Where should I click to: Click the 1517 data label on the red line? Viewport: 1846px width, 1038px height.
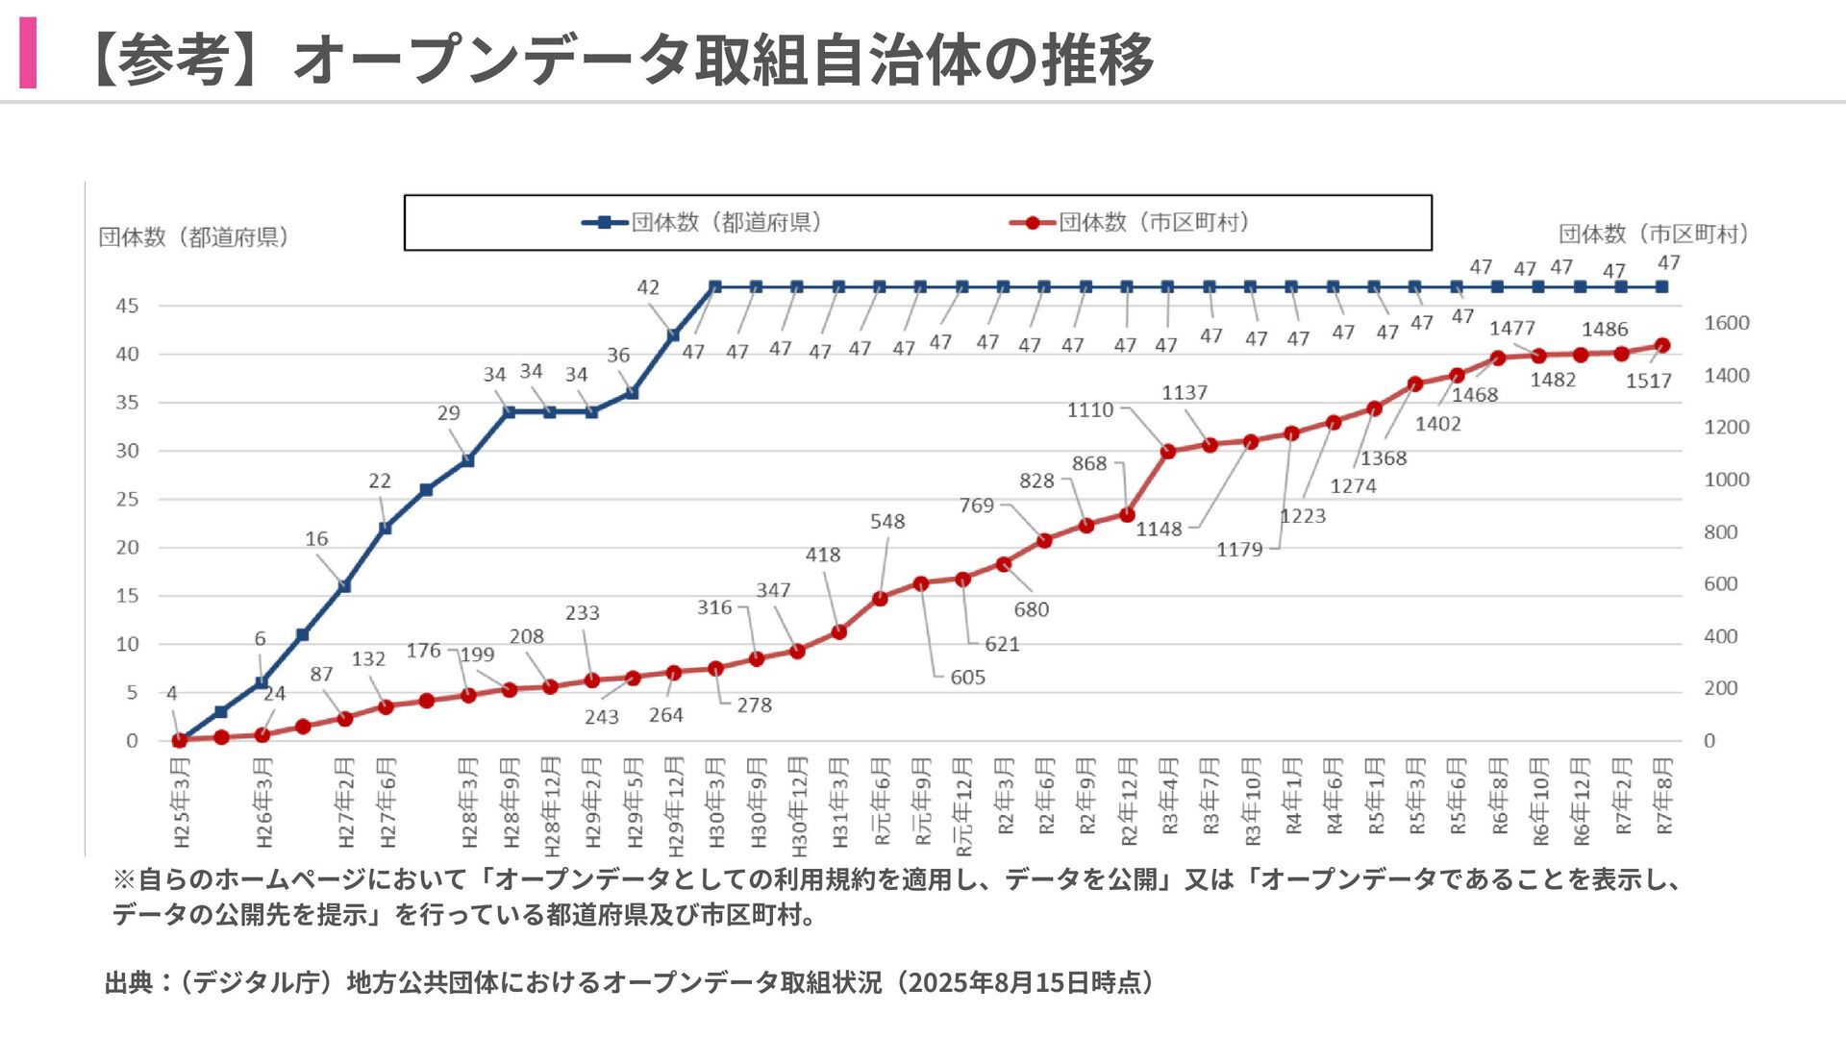point(1648,382)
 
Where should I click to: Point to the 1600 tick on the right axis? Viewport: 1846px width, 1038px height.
point(1726,324)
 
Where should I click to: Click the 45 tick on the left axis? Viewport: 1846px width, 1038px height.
point(127,306)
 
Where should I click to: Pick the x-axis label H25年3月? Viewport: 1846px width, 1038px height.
point(181,803)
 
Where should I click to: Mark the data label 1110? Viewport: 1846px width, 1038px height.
point(1089,410)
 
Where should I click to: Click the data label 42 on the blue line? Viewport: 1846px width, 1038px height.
point(648,287)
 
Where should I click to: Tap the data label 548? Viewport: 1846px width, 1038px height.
point(887,522)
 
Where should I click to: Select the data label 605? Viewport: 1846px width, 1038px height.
point(967,678)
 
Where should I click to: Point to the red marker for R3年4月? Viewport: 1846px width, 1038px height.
point(1168,452)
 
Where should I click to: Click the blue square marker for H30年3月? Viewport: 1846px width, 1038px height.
point(714,287)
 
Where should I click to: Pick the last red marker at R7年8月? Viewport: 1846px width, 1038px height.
point(1662,346)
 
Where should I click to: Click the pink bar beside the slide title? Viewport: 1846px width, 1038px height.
point(28,54)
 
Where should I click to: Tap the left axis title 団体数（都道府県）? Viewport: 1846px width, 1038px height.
point(194,237)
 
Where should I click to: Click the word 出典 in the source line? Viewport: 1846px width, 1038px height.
point(129,982)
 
